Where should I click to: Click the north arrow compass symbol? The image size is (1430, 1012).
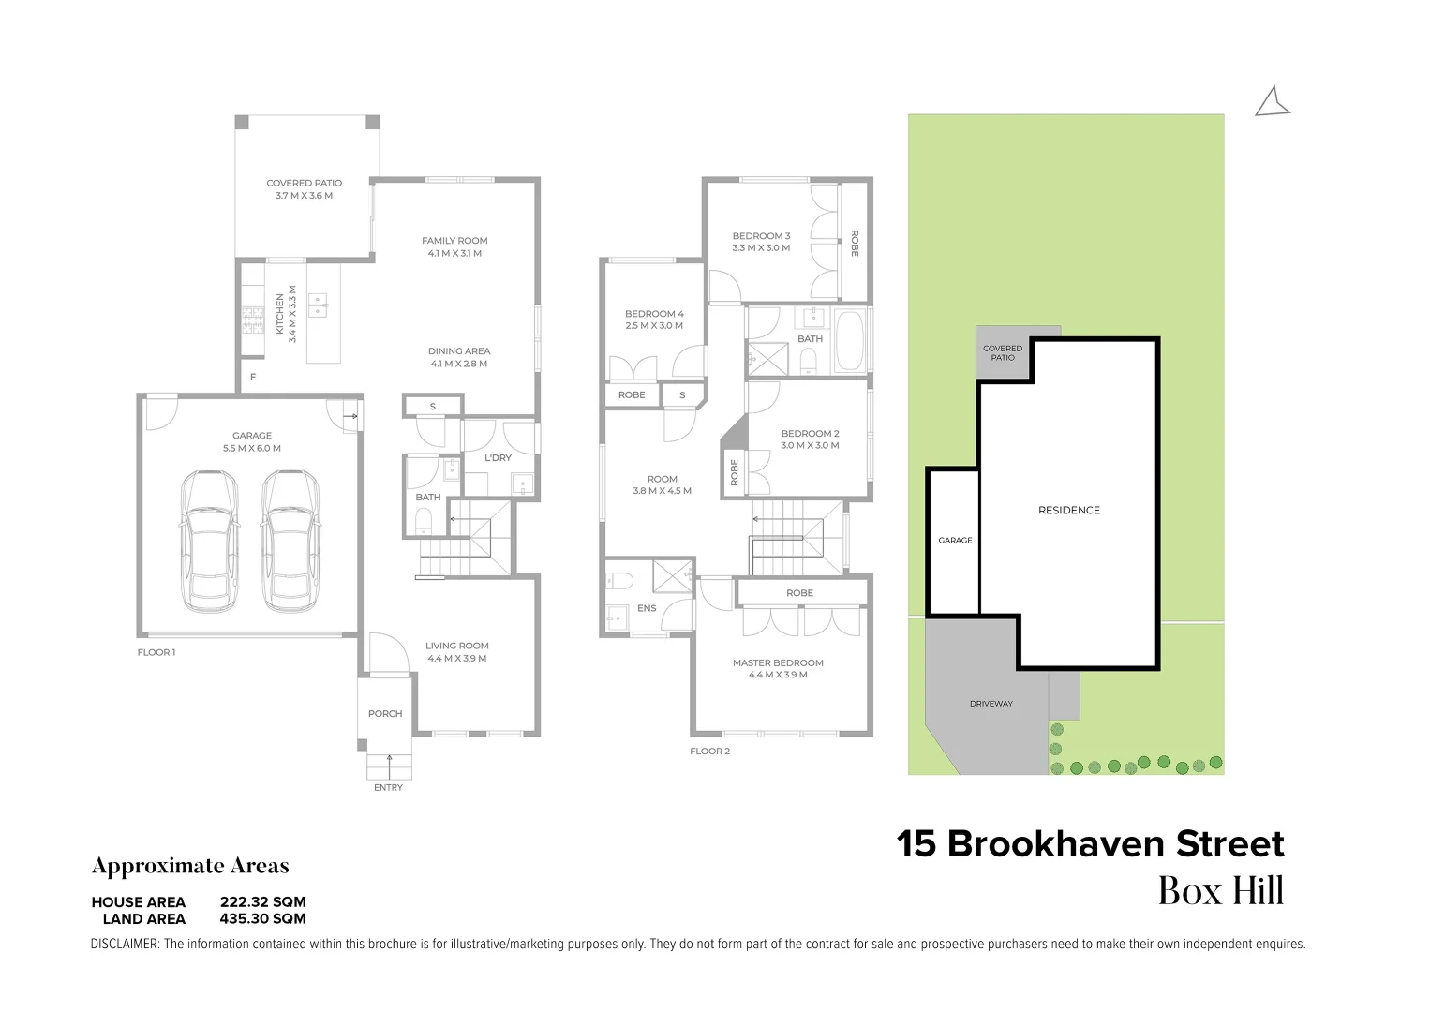point(1272,102)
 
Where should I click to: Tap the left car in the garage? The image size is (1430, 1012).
point(208,541)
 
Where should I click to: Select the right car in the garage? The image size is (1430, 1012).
point(290,541)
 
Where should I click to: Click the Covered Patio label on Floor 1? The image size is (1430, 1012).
point(304,184)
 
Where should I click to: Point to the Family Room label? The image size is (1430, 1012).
point(454,241)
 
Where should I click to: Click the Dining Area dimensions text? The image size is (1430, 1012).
point(458,364)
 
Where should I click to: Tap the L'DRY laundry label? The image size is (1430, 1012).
point(498,458)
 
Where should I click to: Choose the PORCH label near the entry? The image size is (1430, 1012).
point(385,714)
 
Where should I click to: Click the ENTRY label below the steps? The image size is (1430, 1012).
point(388,788)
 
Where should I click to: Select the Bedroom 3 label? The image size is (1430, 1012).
point(761,236)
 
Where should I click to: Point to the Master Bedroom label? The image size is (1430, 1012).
point(778,663)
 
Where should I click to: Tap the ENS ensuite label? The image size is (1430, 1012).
point(647,608)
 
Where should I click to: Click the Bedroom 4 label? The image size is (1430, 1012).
point(654,314)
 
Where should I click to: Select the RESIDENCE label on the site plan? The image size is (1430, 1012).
point(1068,511)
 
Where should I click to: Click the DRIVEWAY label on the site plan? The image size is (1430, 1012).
point(991,704)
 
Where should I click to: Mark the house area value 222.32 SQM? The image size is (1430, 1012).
point(262,902)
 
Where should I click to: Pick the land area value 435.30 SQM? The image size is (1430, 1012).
point(262,919)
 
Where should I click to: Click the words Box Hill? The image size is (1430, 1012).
point(1220,891)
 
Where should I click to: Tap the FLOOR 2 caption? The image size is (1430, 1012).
point(709,752)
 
